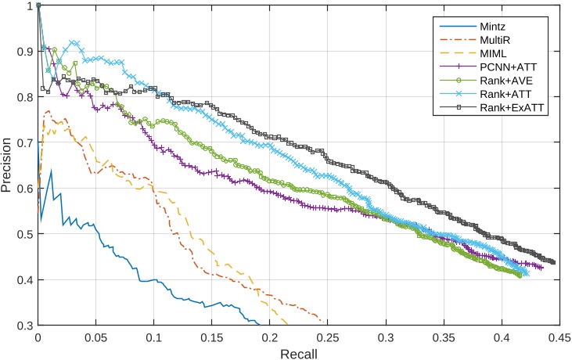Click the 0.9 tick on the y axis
pos(24,51)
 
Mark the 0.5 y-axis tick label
pos(24,234)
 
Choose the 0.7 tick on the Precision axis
pos(24,142)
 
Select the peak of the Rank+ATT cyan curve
pos(74,42)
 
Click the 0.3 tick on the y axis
pos(24,325)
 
